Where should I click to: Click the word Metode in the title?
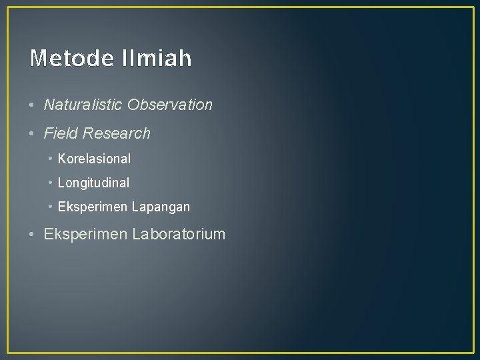[x=71, y=59]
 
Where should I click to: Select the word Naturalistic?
[x=83, y=105]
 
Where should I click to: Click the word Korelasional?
[x=94, y=159]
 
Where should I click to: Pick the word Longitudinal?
[x=93, y=183]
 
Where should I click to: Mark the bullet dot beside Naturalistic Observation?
[x=33, y=105]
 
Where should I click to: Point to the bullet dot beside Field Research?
[x=33, y=134]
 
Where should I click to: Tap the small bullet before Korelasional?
[x=51, y=159]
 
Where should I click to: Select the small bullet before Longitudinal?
[x=51, y=183]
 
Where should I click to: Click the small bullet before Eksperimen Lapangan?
[x=51, y=207]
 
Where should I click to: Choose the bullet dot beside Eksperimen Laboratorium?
[x=33, y=235]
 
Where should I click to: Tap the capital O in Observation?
[x=133, y=105]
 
